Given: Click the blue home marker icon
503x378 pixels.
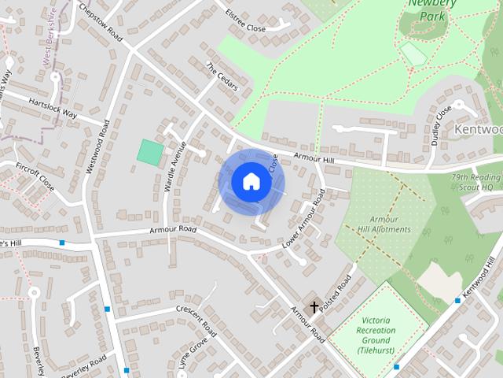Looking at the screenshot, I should pos(251,181).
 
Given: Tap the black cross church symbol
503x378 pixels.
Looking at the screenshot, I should pos(314,306).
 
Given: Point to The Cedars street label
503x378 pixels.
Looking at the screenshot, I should pos(222,76).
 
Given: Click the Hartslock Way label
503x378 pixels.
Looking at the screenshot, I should pos(53,108).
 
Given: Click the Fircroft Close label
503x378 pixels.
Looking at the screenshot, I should pos(35,177).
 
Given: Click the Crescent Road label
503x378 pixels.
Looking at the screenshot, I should pos(196,317).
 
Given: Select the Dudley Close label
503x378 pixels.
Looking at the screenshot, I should pos(439,123).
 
